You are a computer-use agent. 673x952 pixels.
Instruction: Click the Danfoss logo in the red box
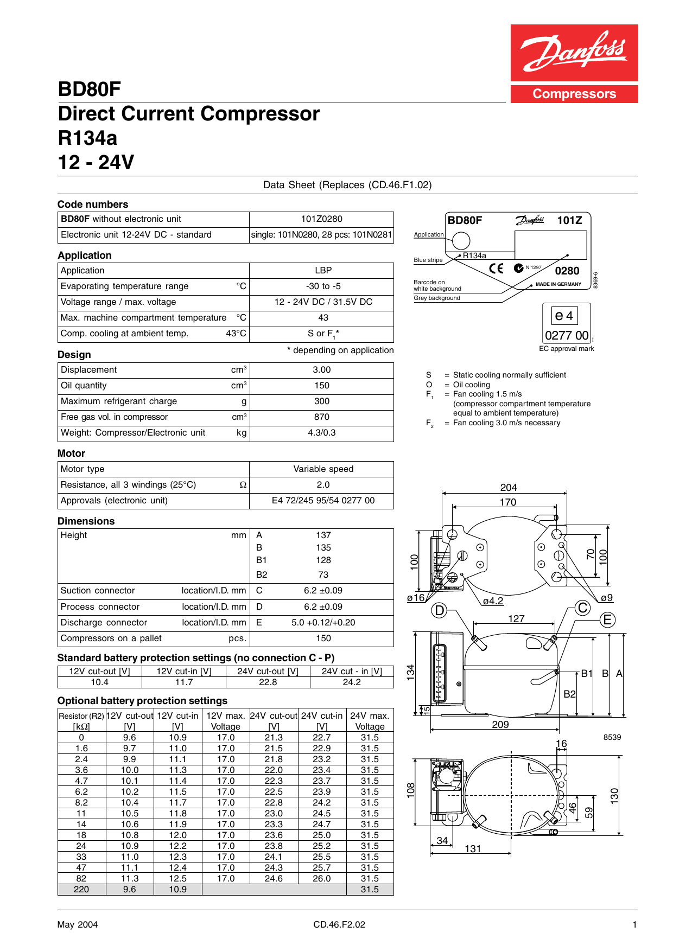574,53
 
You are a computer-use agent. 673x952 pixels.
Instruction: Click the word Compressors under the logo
574,94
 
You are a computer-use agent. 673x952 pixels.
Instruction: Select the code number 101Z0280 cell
321,219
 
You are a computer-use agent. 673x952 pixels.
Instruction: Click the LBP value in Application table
323,270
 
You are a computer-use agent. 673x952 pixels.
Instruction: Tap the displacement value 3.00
321,370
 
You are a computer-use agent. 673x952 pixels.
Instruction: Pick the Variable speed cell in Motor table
323,469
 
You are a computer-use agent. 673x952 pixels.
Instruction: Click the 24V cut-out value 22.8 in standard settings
268,682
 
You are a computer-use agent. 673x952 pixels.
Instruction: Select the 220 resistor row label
81,890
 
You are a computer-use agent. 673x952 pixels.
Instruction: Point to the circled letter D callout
439,611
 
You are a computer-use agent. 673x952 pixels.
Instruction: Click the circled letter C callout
583,608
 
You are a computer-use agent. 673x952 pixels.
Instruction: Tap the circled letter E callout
607,620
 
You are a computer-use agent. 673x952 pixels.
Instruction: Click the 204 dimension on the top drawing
509,488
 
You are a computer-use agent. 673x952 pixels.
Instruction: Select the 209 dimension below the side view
500,725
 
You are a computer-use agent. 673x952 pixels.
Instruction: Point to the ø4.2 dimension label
493,601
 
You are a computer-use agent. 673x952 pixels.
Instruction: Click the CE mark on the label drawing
496,269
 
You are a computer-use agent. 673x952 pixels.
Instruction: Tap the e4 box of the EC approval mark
564,316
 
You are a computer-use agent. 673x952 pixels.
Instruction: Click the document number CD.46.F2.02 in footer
339,925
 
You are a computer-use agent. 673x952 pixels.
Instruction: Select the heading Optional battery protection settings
142,701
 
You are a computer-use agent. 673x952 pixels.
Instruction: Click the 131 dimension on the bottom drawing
473,849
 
